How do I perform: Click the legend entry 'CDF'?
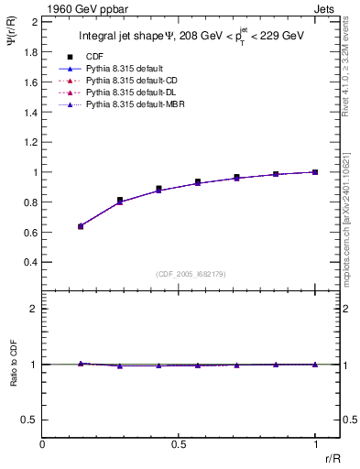93,56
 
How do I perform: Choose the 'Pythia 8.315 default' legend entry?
128,69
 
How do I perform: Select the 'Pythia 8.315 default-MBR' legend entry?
136,106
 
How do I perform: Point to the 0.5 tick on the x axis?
179,444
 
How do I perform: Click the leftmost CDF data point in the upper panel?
81,225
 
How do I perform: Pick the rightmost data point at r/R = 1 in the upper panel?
315,172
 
